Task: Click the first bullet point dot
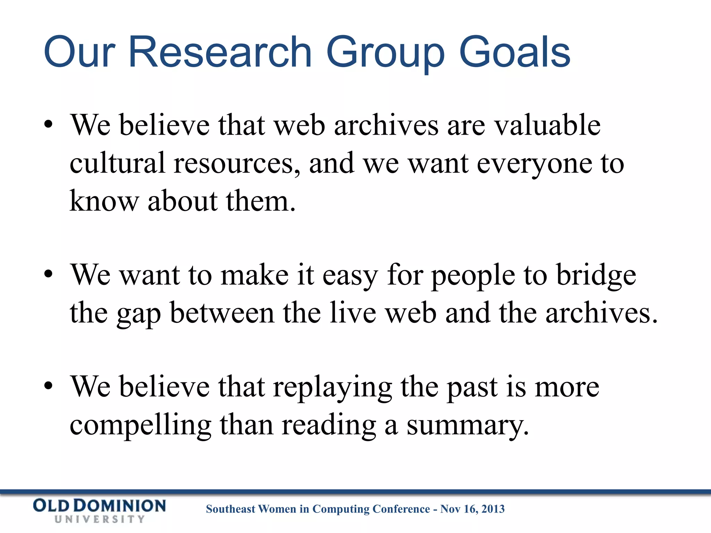48,125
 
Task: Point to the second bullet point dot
48,274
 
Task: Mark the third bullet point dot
48,386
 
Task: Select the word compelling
140,426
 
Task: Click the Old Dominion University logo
99,510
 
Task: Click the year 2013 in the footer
493,509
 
